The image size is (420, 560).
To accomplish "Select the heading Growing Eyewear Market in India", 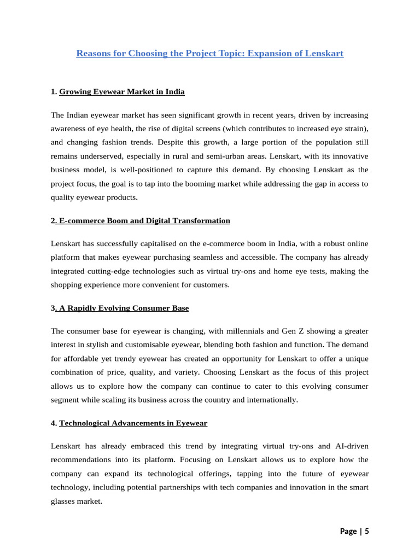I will point(122,92).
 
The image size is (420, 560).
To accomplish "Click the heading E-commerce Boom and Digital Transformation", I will point(144,221).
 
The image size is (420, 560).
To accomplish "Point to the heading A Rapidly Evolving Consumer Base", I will point(123,308).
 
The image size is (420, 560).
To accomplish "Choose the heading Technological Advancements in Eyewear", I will point(133,423).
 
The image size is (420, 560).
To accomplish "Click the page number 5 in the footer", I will point(367,531).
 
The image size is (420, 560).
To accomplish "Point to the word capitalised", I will point(157,244).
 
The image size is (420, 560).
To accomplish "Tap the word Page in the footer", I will point(349,531).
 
